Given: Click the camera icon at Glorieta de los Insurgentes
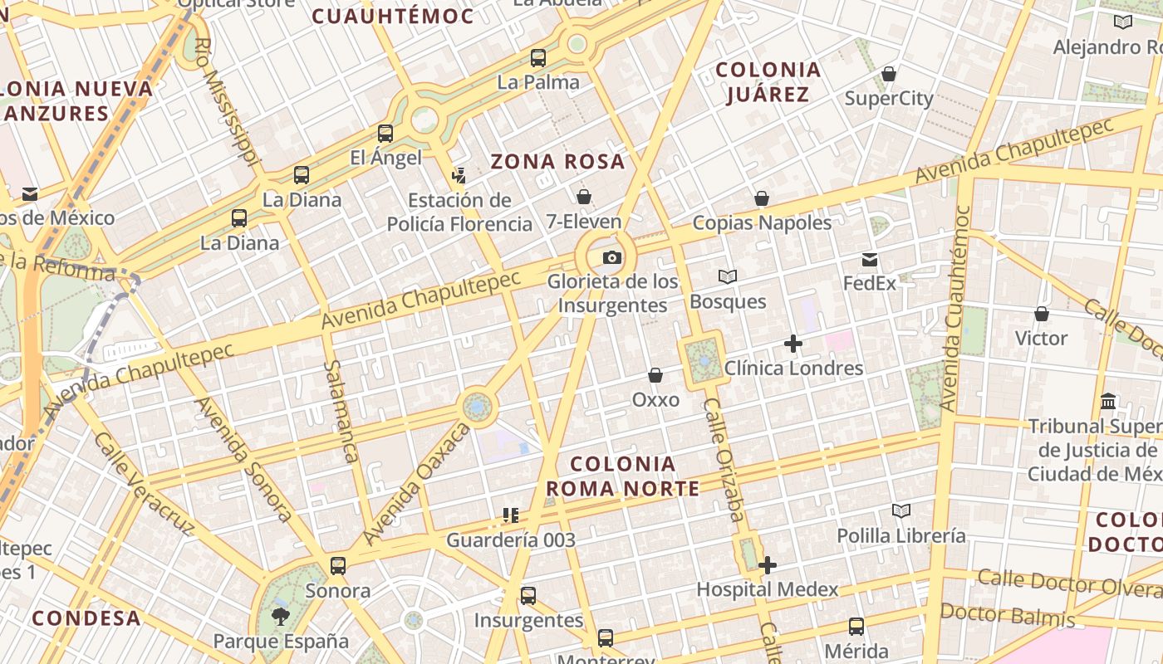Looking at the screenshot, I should [612, 258].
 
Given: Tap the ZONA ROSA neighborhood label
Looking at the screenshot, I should [557, 161].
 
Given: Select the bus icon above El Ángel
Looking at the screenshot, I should [385, 134].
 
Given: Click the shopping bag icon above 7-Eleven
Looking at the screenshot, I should [584, 197].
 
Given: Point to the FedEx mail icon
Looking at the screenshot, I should [870, 260].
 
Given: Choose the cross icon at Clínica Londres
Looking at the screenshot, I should [793, 344].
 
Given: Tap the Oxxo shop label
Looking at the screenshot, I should [655, 399].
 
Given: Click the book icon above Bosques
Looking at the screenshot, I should [728, 276].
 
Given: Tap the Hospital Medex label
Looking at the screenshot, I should [768, 589].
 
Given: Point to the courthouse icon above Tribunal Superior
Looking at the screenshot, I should [1108, 402].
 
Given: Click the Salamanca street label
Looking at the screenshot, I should [341, 411].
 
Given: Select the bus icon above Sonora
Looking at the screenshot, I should [338, 566].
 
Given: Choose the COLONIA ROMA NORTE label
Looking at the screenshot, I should [622, 476].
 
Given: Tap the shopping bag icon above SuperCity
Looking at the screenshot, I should [889, 75].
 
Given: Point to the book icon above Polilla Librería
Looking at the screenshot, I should [901, 510].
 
